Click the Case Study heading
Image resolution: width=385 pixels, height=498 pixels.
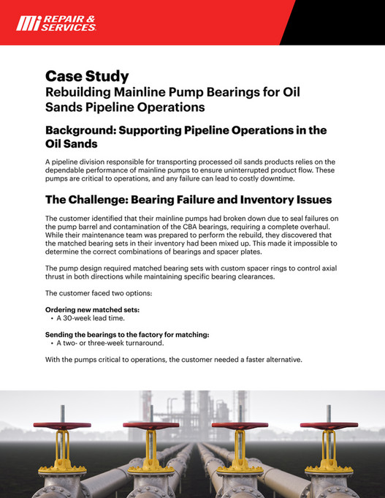click(x=87, y=76)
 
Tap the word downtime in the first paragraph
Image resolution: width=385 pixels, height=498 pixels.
click(x=275, y=178)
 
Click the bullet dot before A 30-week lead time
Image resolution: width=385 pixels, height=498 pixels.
click(x=50, y=319)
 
